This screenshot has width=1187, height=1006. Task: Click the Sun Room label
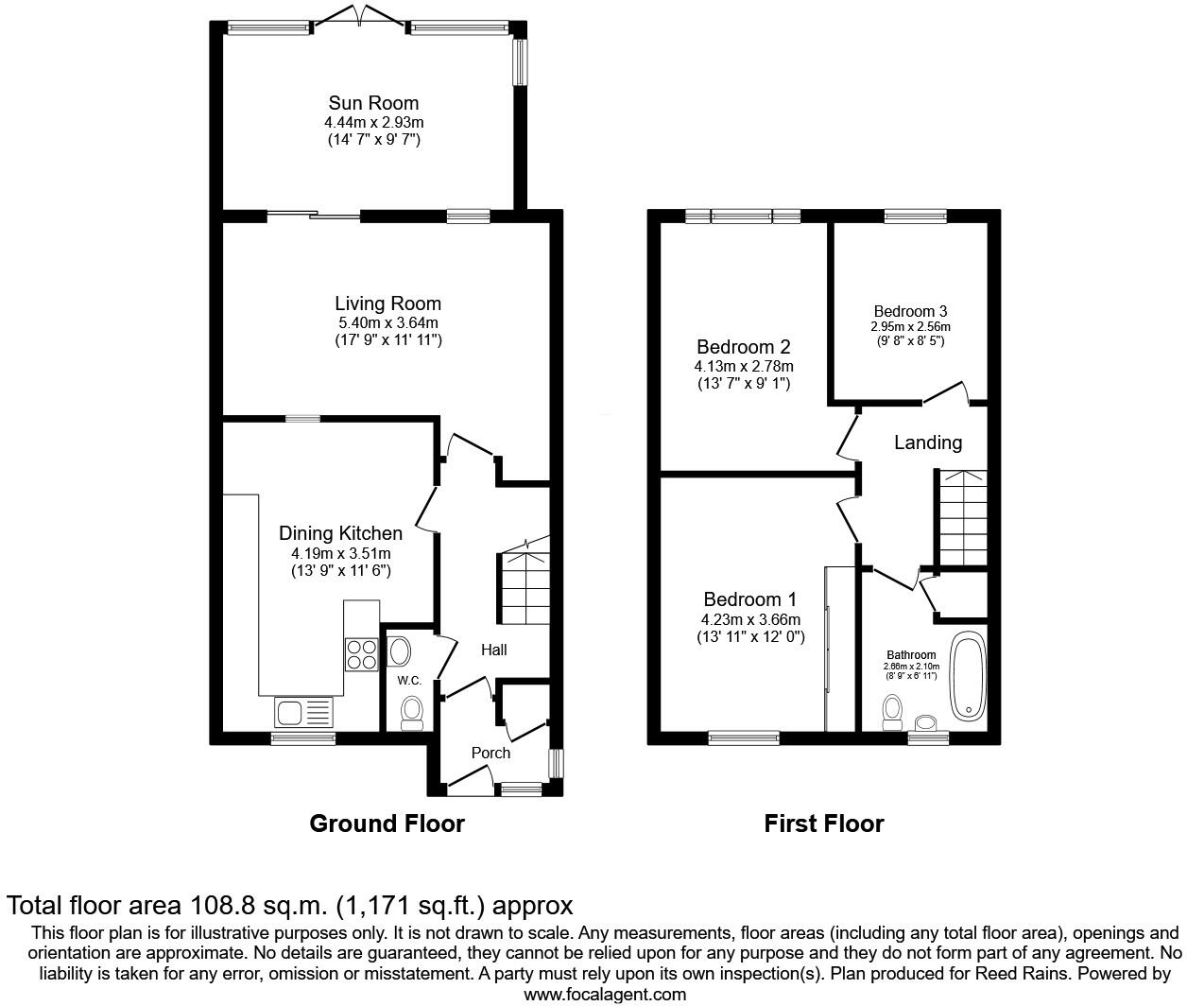[x=373, y=103]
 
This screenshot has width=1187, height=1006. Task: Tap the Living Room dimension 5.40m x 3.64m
[x=387, y=322]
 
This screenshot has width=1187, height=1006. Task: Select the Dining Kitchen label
[x=340, y=534]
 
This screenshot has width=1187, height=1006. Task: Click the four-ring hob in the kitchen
[x=361, y=654]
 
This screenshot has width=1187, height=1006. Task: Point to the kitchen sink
[x=303, y=710]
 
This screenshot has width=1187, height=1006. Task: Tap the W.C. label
[x=408, y=681]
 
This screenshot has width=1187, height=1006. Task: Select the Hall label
[x=493, y=650]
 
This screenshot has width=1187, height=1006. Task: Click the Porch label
[x=490, y=753]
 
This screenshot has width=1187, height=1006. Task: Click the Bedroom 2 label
[x=743, y=347]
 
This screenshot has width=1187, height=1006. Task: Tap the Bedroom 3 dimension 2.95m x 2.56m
[x=910, y=326]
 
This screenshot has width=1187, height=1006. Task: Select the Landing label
[x=927, y=442]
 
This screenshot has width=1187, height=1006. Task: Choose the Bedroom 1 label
[x=749, y=599]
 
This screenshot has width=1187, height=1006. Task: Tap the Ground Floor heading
[x=387, y=824]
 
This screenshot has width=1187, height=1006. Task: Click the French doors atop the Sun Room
[x=358, y=17]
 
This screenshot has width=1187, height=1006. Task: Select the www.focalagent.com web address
[x=605, y=994]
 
